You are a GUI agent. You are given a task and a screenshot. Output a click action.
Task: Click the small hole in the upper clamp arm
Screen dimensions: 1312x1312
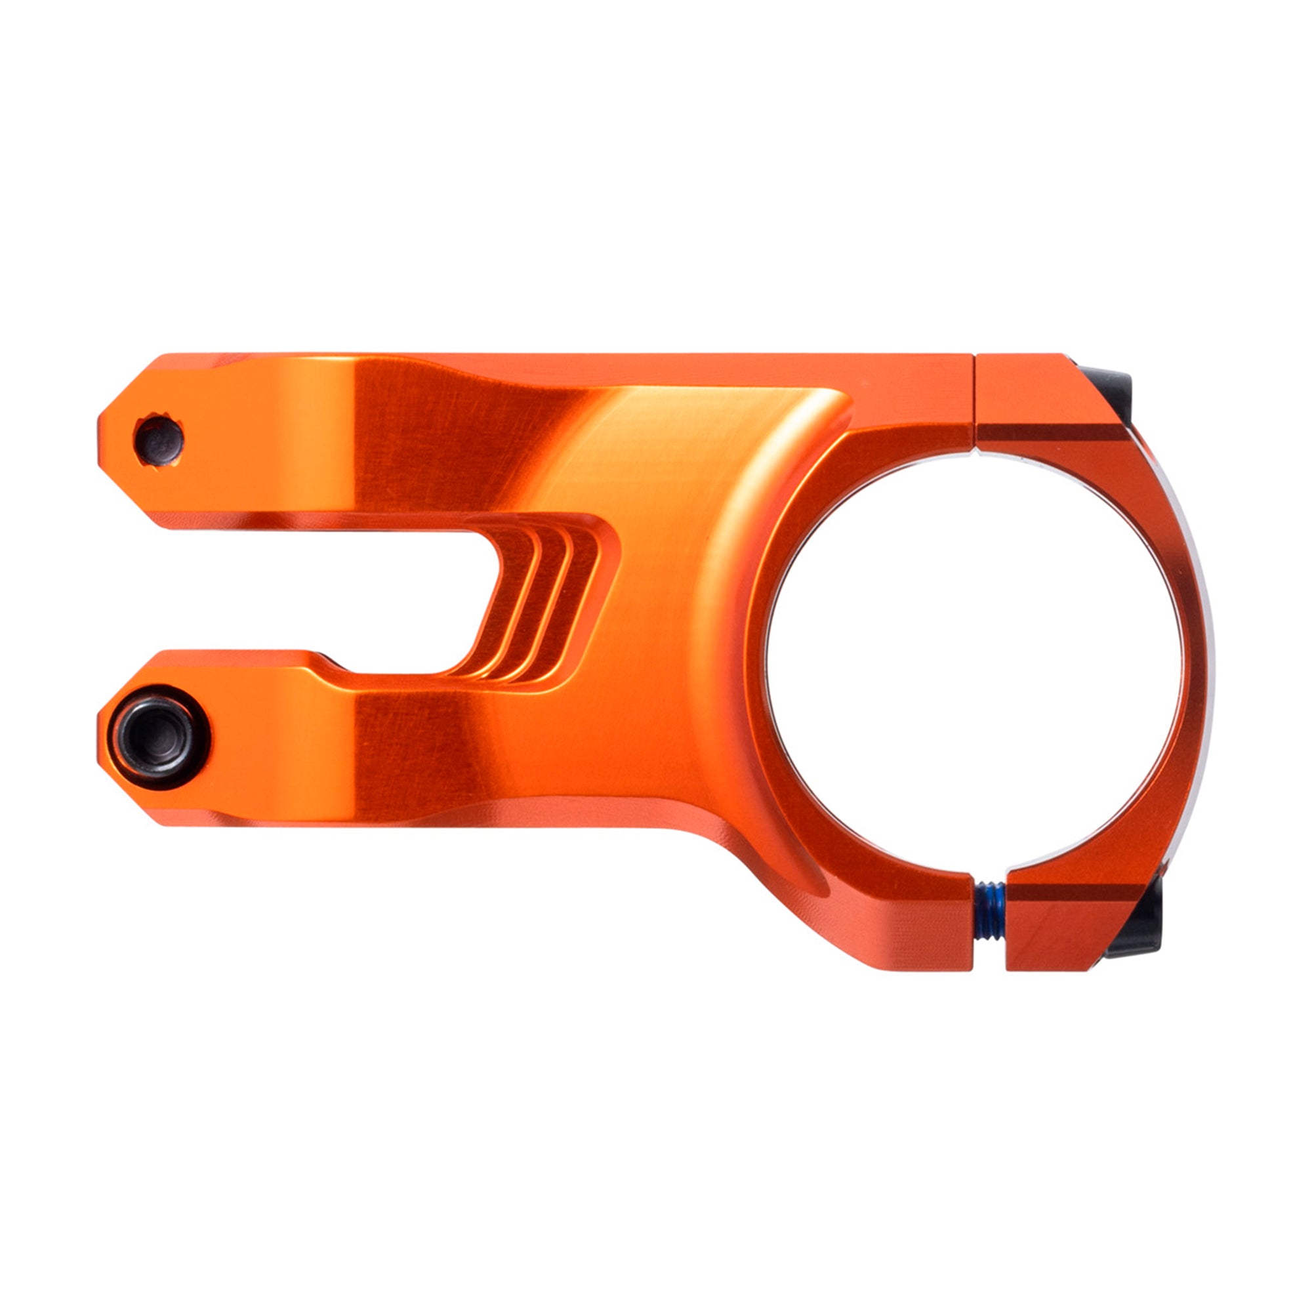(x=159, y=440)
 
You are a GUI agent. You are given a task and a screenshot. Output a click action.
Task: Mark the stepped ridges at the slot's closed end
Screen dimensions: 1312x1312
(x=543, y=604)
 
